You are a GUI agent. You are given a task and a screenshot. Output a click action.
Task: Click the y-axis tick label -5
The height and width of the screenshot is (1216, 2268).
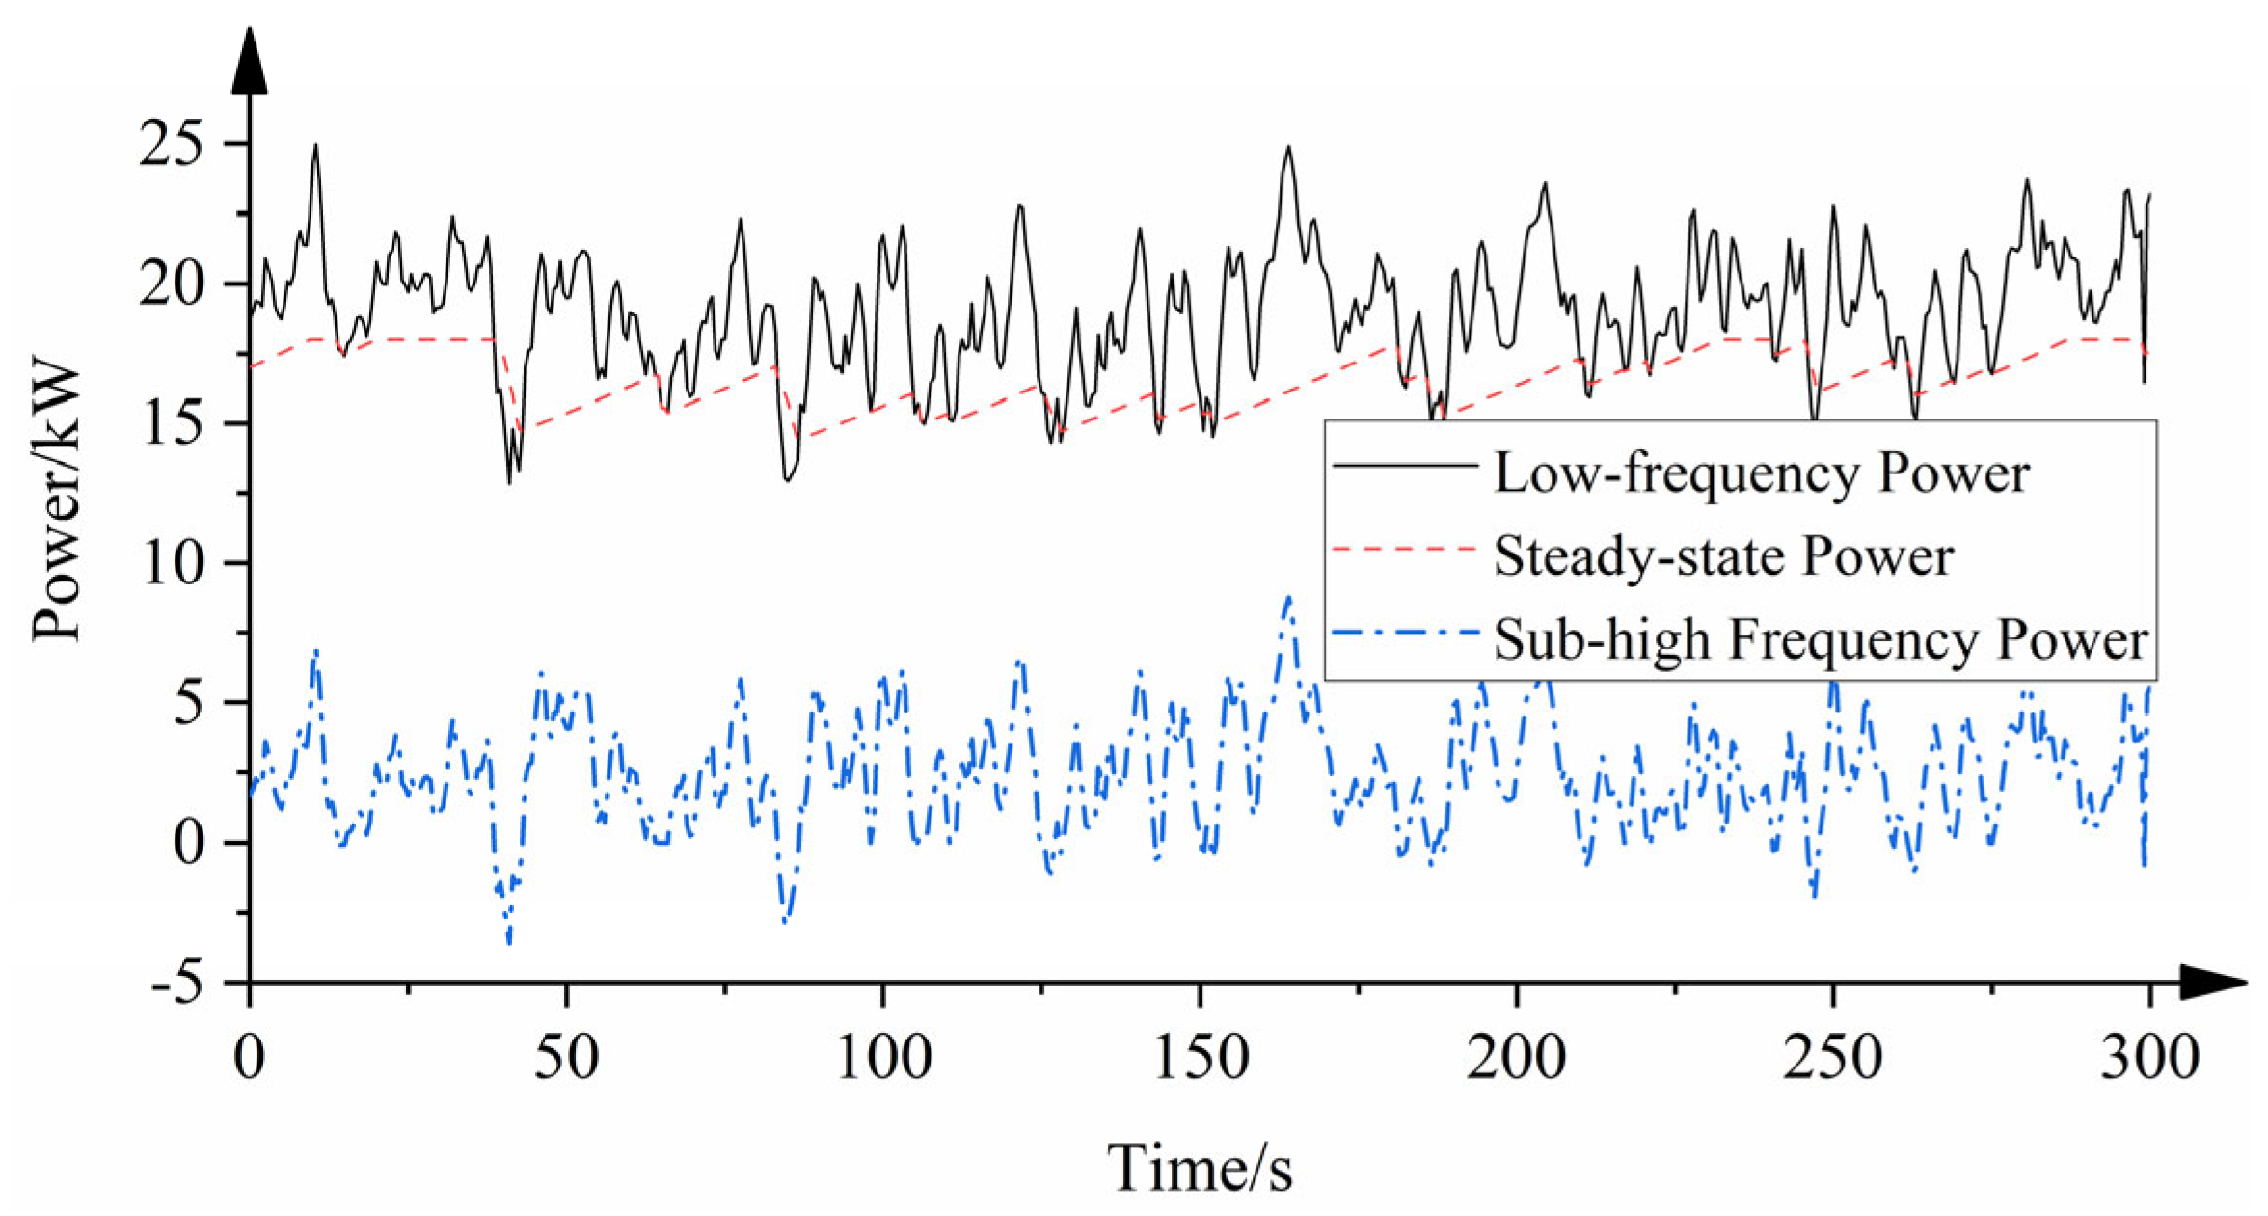coord(177,985)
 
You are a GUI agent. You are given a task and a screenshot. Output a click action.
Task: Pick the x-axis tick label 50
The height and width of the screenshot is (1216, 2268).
coord(566,1058)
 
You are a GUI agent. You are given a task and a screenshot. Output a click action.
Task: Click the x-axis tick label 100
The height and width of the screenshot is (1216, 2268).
coord(883,1058)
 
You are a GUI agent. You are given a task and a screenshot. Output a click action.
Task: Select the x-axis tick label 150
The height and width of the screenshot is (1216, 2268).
coord(1201,1058)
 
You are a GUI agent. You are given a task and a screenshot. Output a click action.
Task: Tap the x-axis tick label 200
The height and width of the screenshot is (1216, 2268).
coord(1517,1058)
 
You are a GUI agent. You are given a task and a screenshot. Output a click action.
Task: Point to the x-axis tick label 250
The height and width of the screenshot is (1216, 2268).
coord(1833,1058)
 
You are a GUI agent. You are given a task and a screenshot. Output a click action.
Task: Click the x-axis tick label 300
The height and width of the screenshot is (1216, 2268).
coord(2149,1058)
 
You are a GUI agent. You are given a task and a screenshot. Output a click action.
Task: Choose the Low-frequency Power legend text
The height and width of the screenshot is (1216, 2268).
coord(1761,473)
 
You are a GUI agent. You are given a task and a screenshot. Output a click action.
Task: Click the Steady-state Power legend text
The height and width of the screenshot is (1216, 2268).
coord(1723,556)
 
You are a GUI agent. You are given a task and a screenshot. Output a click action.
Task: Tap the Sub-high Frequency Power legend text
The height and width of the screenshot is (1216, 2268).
coord(1821,639)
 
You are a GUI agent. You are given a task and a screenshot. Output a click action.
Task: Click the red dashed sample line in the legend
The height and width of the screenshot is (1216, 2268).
coord(1404,549)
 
